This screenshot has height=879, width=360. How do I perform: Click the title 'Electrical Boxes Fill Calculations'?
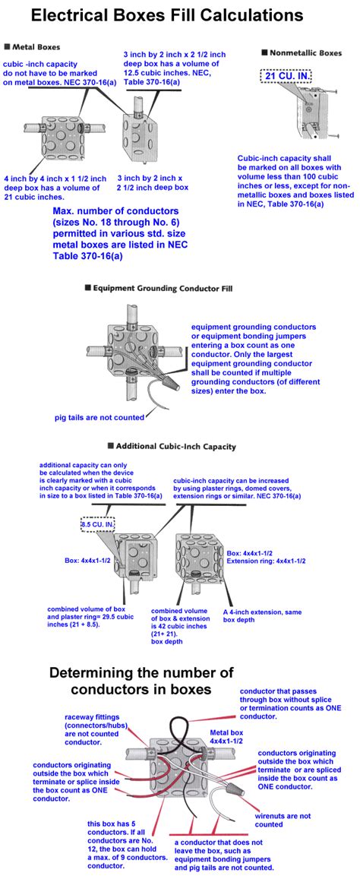pyautogui.click(x=167, y=15)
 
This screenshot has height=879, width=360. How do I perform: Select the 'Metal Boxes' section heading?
pyautogui.click(x=35, y=46)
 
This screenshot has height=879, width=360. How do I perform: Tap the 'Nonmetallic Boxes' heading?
pyautogui.click(x=302, y=53)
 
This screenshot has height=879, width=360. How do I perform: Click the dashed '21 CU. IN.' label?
pyautogui.click(x=285, y=75)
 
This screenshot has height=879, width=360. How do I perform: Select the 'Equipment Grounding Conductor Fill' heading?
pyautogui.click(x=158, y=289)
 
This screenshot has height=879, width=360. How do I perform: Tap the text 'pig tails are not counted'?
pyautogui.click(x=99, y=416)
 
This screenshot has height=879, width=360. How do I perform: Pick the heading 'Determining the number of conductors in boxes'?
pyautogui.click(x=141, y=680)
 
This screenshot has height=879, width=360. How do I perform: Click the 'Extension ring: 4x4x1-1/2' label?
pyautogui.click(x=266, y=560)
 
